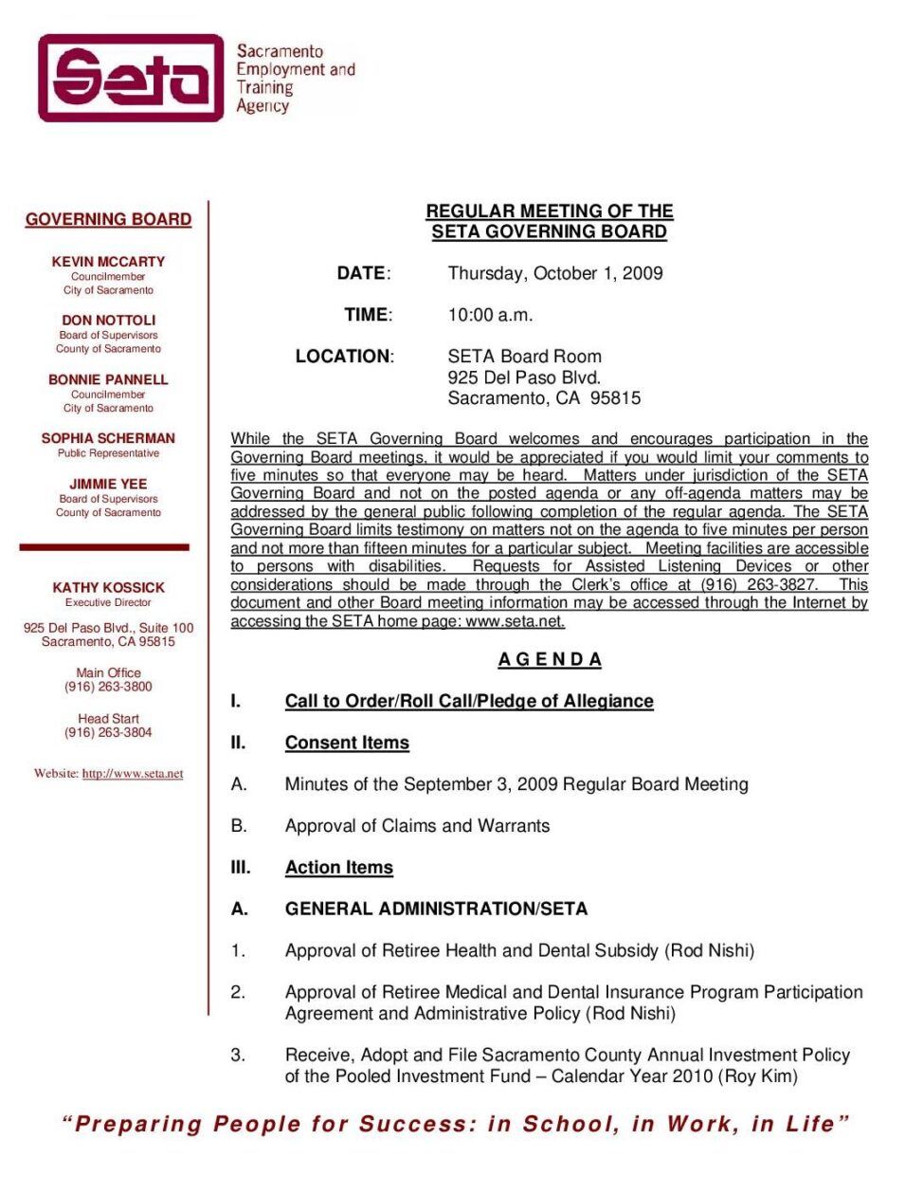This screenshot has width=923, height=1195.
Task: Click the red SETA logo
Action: point(131,78)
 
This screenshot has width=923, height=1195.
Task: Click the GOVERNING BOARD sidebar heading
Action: point(108,219)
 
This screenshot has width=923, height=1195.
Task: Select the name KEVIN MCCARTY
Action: point(108,262)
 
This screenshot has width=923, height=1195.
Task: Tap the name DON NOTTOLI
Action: point(108,321)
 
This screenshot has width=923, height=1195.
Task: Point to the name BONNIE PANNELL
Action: point(108,379)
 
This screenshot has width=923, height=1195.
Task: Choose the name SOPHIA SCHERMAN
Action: point(108,438)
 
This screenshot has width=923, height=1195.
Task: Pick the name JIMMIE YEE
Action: point(108,484)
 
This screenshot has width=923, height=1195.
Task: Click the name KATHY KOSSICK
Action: point(108,588)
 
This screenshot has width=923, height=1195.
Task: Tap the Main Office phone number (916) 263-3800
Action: point(108,687)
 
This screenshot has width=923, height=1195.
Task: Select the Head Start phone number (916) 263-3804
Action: point(108,732)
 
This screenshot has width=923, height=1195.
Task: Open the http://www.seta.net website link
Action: point(133,774)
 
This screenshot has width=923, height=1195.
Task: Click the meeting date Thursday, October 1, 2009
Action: point(555,273)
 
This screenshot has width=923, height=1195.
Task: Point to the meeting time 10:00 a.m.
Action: point(490,315)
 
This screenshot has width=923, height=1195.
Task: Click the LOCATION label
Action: point(343,357)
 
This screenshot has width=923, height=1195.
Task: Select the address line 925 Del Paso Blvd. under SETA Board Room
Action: point(524,377)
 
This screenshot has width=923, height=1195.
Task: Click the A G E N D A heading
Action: point(550,659)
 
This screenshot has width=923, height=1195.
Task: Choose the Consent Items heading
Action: point(347,743)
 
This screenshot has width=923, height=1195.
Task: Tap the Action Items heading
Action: point(338,867)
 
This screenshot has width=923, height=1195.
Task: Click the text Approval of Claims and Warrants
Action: point(417,826)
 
